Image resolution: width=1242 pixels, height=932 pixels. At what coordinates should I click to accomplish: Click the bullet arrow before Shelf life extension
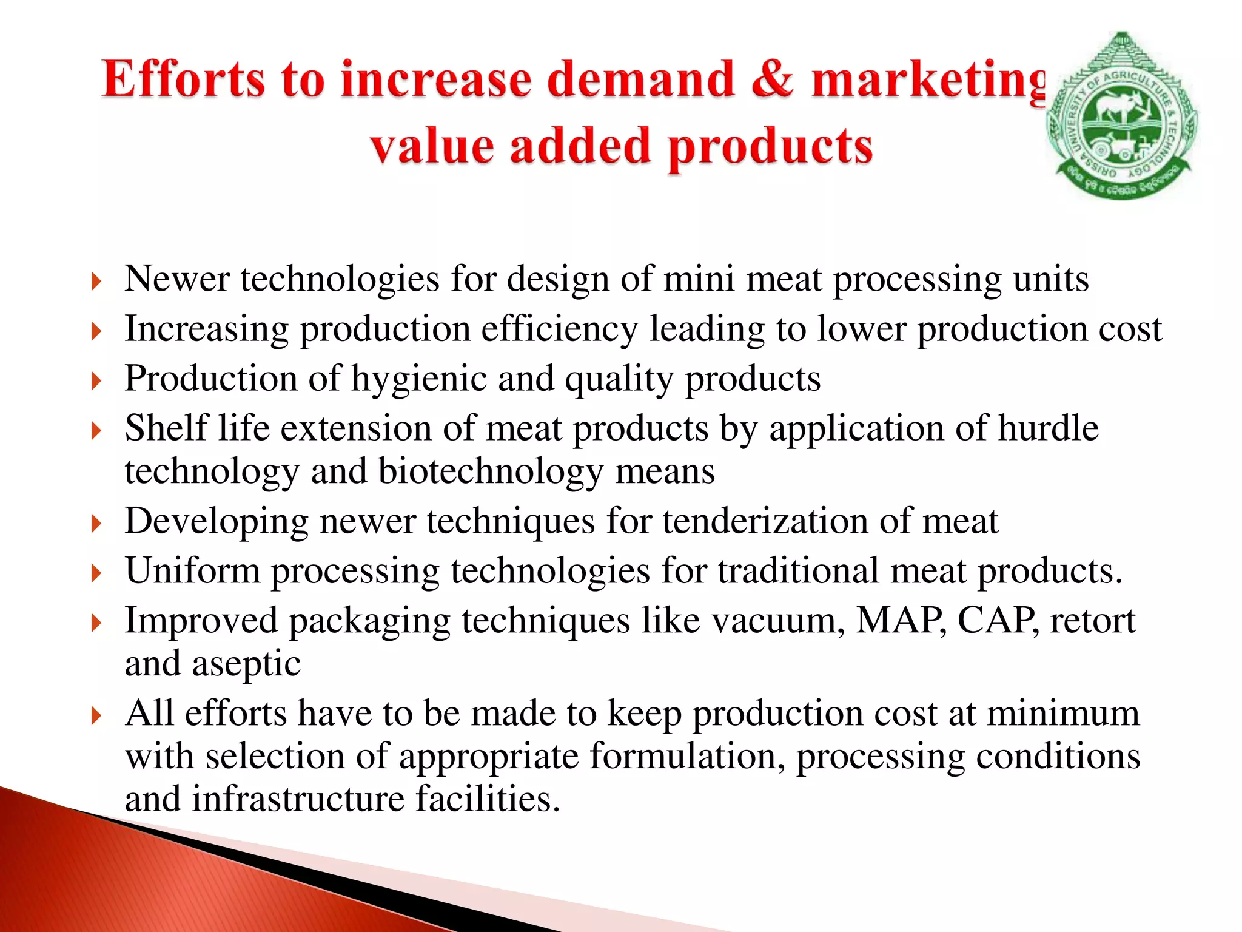coord(96,431)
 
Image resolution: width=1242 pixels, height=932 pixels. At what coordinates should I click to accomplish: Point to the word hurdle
coord(1048,428)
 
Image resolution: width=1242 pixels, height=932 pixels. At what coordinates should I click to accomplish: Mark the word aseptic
coord(246,664)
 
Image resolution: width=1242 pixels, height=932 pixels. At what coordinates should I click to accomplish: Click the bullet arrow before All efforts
coord(96,716)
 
